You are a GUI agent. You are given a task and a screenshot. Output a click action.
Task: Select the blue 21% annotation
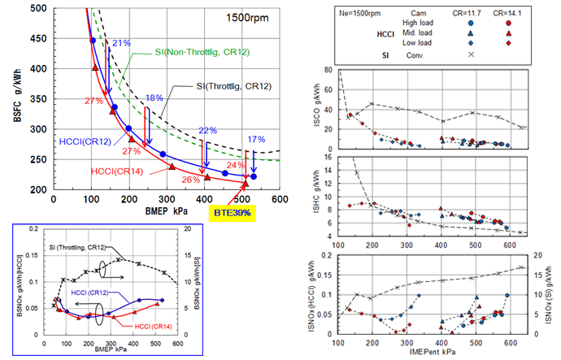[x=121, y=43]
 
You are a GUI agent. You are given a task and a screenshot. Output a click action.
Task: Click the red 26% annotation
[x=193, y=180]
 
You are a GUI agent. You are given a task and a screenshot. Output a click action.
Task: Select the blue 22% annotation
[x=208, y=130]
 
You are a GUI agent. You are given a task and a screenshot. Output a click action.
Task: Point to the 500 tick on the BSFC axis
[x=37, y=8]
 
